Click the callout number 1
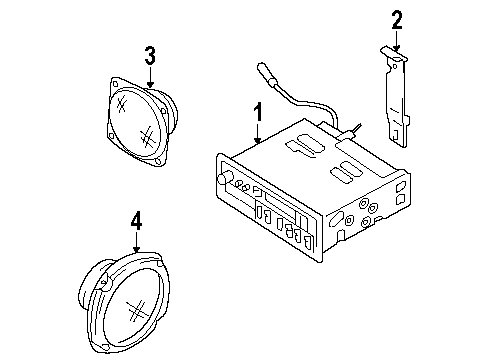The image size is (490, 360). tap(258, 113)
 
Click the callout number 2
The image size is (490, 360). tap(396, 18)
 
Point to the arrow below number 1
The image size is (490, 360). tap(258, 138)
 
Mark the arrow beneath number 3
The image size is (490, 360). tap(149, 80)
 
